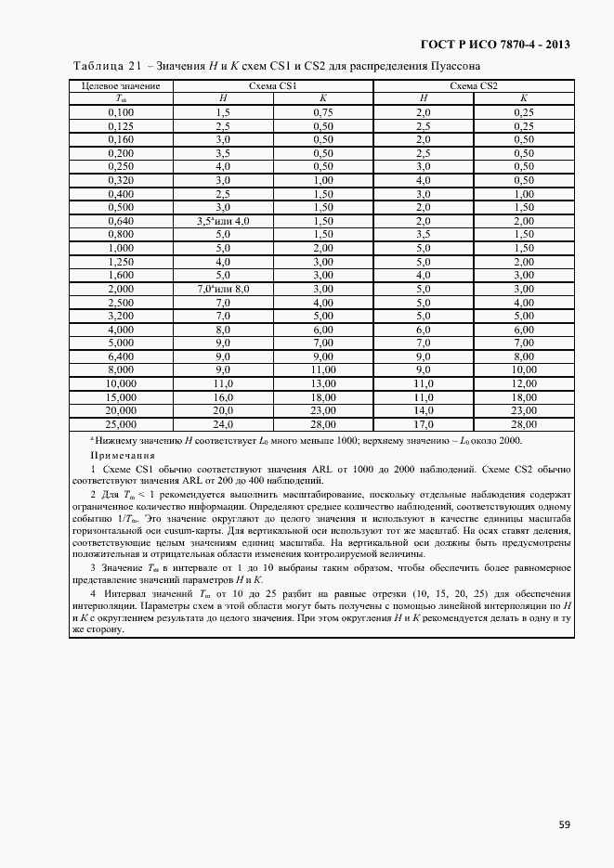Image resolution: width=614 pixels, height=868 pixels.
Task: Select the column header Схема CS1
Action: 272,86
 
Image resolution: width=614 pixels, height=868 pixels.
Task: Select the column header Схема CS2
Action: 473,86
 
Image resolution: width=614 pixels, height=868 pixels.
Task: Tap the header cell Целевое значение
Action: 121,86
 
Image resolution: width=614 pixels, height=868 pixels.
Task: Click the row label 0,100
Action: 121,111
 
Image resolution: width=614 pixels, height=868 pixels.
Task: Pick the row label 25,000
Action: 121,423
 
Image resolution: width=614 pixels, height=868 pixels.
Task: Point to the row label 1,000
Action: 121,248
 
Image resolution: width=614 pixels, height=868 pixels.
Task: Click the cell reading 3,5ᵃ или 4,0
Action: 223,221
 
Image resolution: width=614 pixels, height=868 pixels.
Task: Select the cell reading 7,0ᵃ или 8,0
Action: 223,289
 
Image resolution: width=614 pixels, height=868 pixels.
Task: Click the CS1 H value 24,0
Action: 223,423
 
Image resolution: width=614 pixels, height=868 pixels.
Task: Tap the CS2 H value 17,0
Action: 424,423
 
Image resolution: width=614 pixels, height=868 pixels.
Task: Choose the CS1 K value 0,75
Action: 322,111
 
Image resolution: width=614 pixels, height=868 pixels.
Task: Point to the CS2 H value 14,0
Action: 424,409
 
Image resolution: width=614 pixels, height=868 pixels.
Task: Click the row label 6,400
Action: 121,356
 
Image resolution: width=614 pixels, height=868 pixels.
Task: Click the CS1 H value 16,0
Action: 223,396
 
